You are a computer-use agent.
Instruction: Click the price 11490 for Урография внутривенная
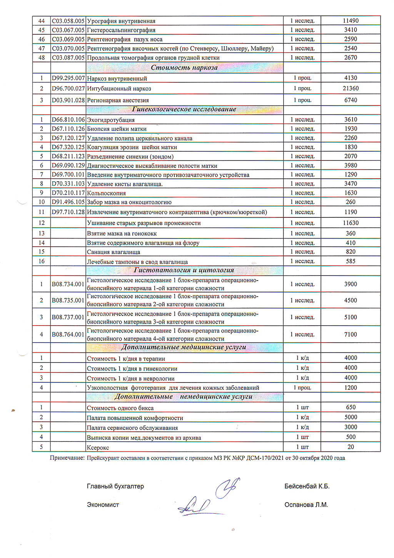351,21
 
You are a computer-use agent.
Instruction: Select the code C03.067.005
68,30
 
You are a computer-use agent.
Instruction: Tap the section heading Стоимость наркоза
184,68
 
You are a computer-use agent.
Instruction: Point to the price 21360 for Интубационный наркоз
351,89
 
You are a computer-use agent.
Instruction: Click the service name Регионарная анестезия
118,100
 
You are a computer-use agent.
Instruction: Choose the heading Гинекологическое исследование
184,109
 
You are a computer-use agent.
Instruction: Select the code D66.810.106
68,120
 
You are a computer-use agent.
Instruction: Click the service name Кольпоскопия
107,193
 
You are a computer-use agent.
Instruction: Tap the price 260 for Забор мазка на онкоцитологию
351,202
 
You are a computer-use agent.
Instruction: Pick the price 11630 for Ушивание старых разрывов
351,223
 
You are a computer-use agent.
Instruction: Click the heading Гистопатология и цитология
184,270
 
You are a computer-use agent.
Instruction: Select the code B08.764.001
68,334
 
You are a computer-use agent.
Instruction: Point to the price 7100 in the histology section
351,334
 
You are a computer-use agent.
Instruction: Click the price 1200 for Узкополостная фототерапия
351,388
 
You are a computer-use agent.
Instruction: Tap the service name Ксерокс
98,448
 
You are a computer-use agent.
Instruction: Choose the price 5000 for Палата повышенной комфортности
351,417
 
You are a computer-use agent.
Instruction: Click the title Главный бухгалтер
115,486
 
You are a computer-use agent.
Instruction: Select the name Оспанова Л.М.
306,505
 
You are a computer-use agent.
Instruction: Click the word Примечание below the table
67,458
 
